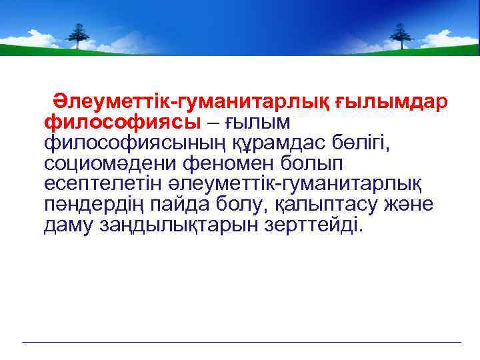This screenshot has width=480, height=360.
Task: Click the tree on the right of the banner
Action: tap(400, 35)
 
